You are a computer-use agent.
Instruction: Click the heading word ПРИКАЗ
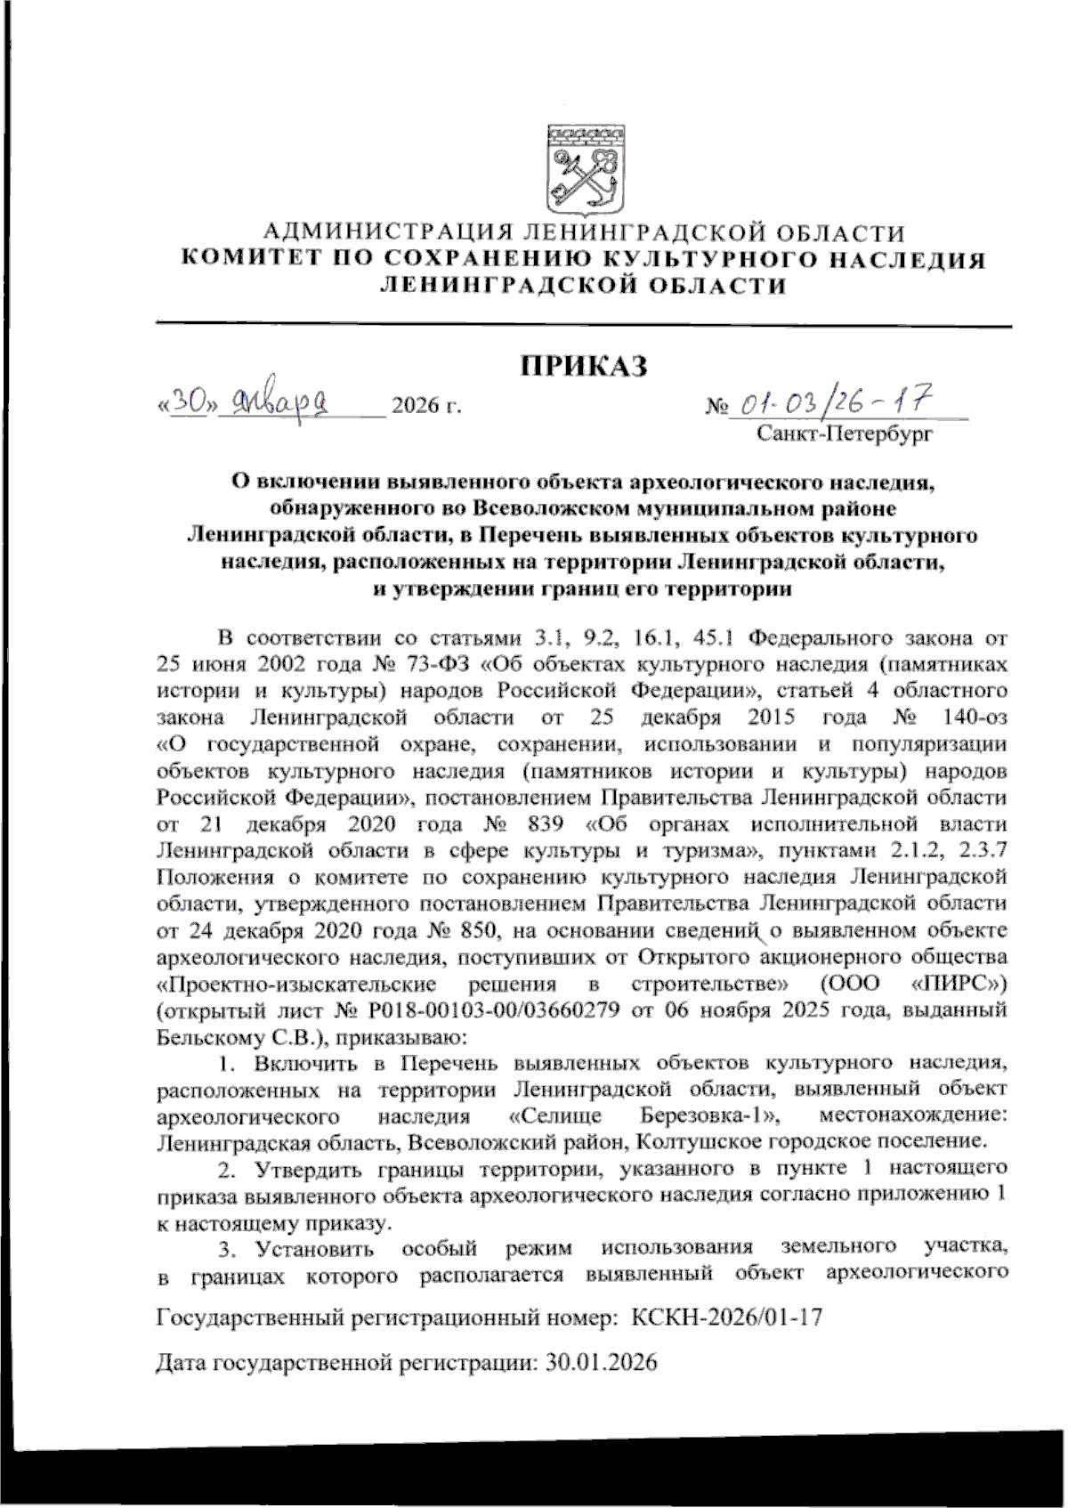[x=584, y=366]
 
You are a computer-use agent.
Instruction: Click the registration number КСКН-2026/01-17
[x=726, y=1317]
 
